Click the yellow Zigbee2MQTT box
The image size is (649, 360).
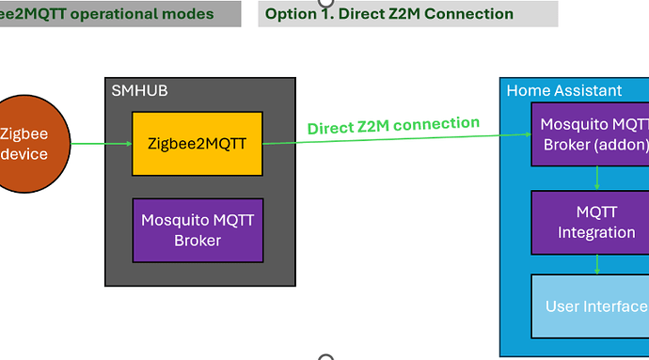pyautogui.click(x=197, y=143)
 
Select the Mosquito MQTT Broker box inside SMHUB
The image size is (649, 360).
pyautogui.click(x=197, y=229)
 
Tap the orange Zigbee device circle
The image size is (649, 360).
pyautogui.click(x=26, y=144)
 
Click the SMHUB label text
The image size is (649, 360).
pyautogui.click(x=139, y=91)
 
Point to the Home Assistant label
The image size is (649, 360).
pyautogui.click(x=563, y=91)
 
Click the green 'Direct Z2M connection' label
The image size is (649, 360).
pyautogui.click(x=393, y=125)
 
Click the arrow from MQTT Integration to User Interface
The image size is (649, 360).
pyautogui.click(x=596, y=264)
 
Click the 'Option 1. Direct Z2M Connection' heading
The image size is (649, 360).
pyautogui.click(x=388, y=14)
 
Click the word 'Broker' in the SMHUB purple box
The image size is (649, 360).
pyautogui.click(x=197, y=240)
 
